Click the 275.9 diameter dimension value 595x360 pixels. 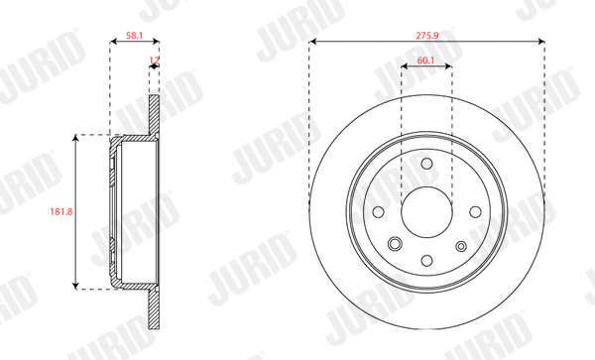point(426,32)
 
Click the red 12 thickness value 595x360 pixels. point(153,60)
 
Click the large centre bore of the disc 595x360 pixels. point(426,211)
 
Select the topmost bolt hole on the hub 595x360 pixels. point(426,164)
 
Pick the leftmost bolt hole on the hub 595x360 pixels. point(380,211)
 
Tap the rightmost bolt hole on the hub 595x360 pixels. point(474,211)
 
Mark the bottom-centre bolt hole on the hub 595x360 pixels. point(426,259)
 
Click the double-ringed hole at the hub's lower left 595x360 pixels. point(395,245)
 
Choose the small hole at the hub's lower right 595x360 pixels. point(460,245)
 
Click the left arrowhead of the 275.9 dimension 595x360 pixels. point(313,42)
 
